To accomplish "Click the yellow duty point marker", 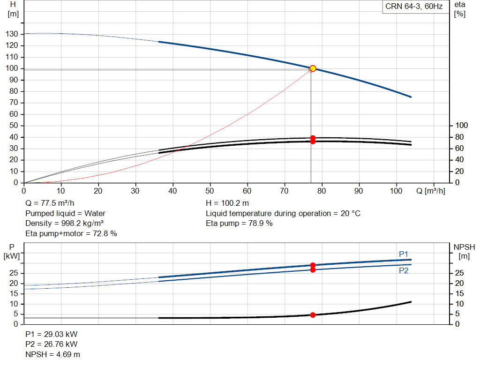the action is point(313,68).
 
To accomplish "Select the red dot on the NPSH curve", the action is point(313,315).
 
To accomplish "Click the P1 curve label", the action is point(404,254).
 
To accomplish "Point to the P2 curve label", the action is point(404,270).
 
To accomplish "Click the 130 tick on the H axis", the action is point(12,34).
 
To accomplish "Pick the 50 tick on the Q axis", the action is point(210,191).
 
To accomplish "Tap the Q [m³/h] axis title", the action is point(430,191).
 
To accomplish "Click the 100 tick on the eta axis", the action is point(461,126).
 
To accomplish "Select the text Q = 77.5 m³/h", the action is point(50,203).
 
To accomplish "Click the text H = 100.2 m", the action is point(227,203).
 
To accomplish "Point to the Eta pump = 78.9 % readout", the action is point(239,224).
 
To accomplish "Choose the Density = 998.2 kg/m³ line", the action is point(64,224).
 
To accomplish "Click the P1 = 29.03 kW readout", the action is point(52,334).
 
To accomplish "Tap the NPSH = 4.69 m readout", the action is point(52,354).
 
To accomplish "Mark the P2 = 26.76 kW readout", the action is point(52,344).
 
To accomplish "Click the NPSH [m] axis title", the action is point(464,252).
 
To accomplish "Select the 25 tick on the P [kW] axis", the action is point(14,273).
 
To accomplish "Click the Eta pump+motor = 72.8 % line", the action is point(71,234).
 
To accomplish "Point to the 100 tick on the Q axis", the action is point(396,191).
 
